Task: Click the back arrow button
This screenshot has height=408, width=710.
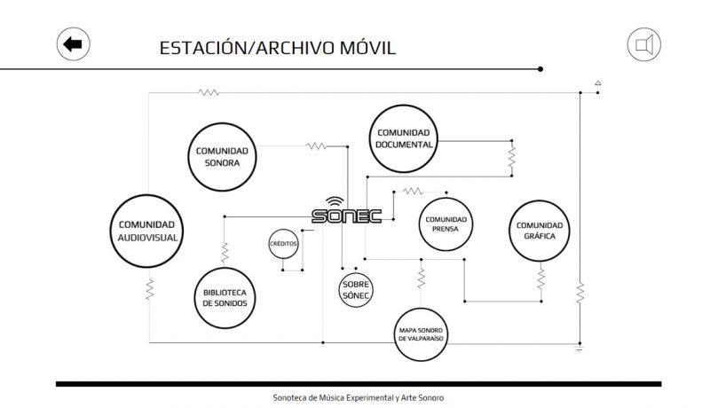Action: (74, 43)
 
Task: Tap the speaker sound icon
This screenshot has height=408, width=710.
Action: (645, 44)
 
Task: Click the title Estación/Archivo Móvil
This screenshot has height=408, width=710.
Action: (278, 47)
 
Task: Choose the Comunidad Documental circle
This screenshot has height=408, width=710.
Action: (404, 138)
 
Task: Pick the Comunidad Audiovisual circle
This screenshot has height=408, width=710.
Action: (148, 231)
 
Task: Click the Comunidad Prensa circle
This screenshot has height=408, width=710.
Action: (445, 224)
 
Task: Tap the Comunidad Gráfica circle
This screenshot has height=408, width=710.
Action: (540, 231)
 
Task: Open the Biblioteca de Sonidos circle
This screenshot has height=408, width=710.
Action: (225, 297)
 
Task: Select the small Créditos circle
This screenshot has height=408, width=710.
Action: (284, 243)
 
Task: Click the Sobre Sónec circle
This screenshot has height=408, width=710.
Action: (356, 289)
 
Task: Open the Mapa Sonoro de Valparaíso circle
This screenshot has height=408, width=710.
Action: (421, 334)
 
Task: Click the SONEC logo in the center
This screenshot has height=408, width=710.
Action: (346, 216)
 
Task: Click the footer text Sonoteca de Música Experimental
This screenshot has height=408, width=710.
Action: (359, 397)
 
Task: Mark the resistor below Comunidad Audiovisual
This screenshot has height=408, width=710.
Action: (149, 289)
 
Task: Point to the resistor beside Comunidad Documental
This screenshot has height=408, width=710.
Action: (511, 158)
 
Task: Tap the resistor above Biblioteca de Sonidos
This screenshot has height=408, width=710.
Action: (225, 251)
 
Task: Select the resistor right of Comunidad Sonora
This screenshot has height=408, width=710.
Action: (317, 145)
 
